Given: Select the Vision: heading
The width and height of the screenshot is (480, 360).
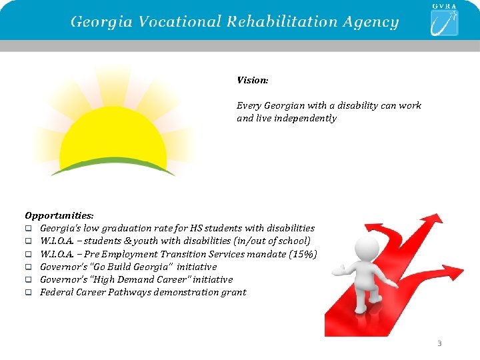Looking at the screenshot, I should (x=253, y=80).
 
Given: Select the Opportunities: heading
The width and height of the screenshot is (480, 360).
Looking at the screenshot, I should (x=59, y=215).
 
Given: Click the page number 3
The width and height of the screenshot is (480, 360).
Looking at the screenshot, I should (x=439, y=343).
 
